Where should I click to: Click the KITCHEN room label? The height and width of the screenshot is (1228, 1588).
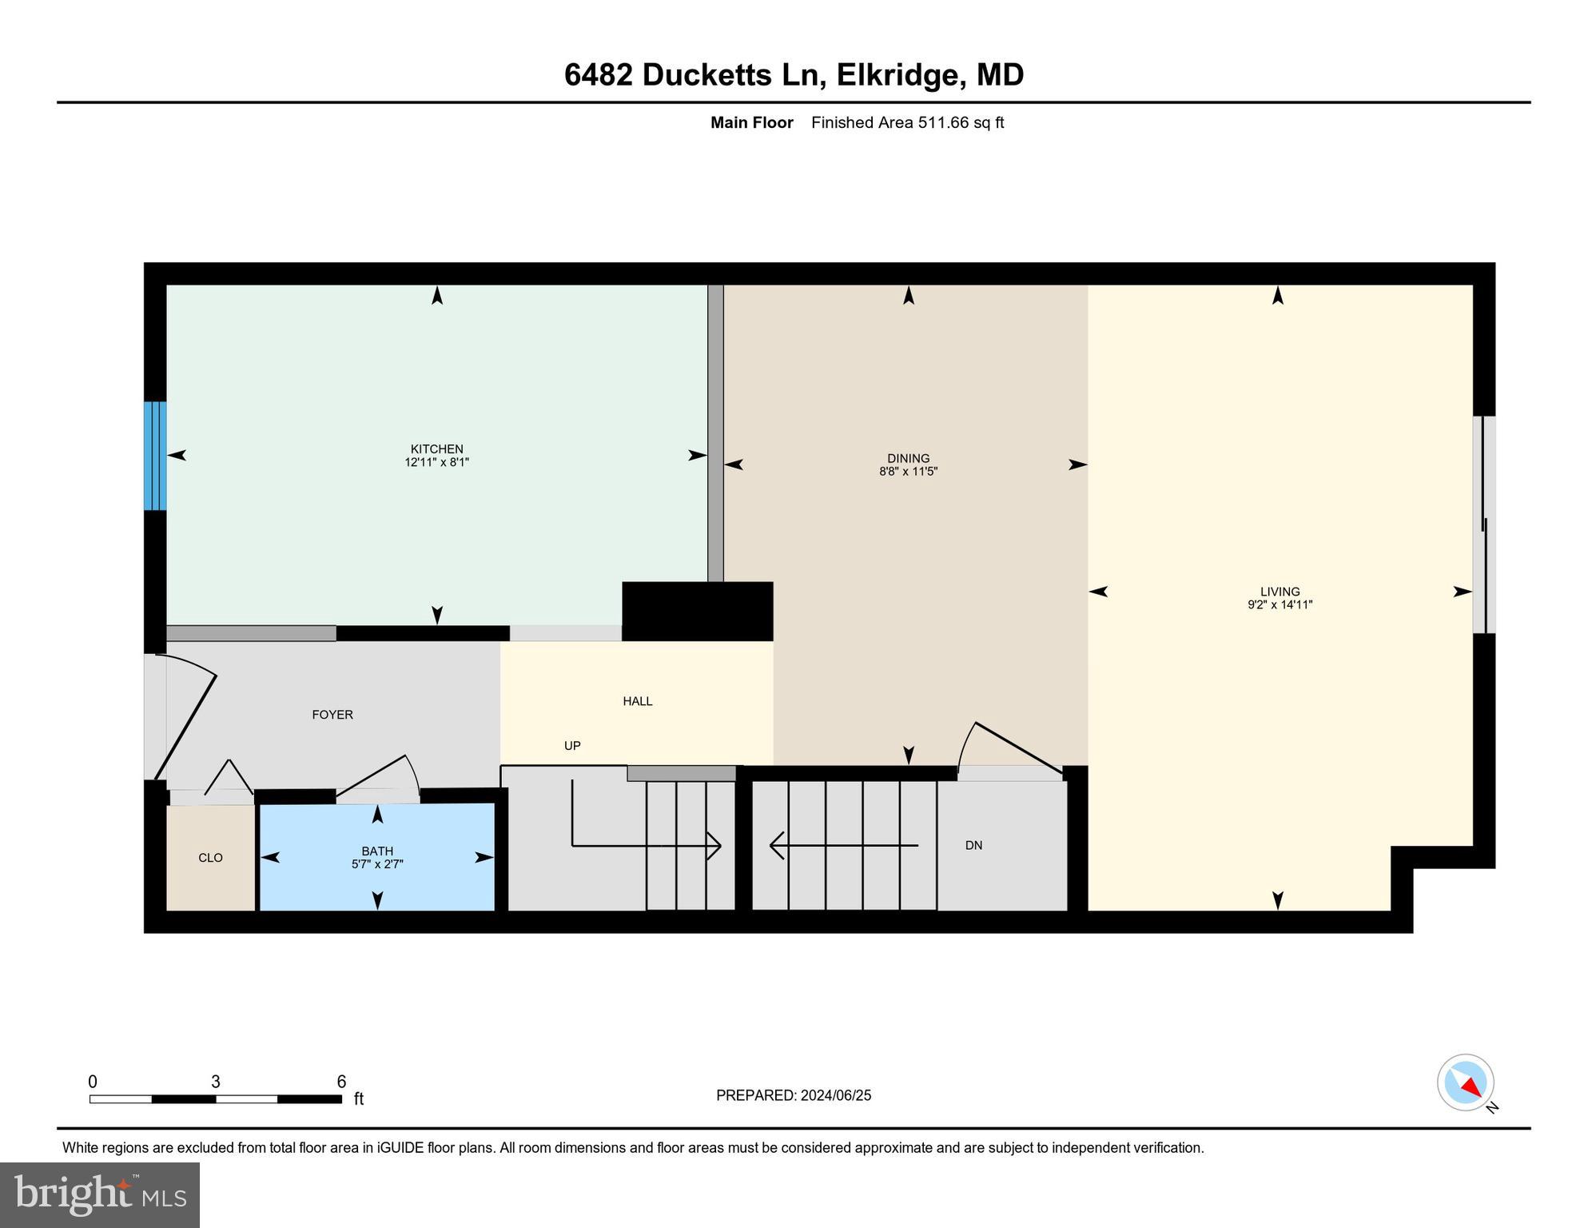436,449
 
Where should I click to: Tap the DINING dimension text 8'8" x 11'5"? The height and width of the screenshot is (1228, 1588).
908,472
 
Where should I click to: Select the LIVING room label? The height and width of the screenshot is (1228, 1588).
1280,592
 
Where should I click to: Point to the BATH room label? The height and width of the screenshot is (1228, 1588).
377,851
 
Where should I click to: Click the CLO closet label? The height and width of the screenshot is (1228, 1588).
210,858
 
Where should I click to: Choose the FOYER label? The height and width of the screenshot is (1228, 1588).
332,715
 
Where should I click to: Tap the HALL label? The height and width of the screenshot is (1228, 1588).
638,701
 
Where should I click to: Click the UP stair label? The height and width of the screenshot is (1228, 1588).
572,746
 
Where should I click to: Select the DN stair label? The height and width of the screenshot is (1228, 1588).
973,845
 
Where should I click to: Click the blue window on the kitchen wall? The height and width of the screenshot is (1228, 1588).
155,456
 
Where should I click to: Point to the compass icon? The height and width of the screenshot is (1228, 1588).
1466,1082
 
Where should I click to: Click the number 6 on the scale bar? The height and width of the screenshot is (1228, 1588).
341,1082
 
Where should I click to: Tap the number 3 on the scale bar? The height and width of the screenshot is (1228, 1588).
216,1082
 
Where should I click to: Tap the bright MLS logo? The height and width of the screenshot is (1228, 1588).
100,1195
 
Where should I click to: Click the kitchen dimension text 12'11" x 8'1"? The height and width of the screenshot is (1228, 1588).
436,462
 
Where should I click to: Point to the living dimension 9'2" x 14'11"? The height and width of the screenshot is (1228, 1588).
1280,605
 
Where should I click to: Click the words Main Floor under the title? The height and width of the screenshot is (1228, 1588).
751,122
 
